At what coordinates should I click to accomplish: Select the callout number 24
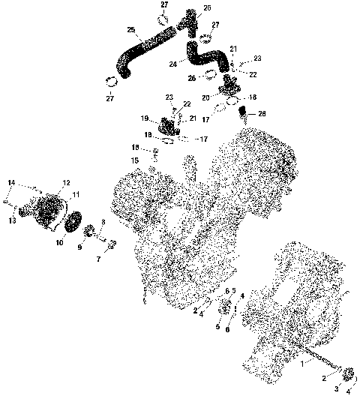point(174,64)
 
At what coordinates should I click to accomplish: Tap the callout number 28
point(261,114)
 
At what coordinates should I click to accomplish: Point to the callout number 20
point(206,97)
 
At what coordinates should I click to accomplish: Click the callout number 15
point(136,160)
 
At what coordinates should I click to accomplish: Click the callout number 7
point(97,259)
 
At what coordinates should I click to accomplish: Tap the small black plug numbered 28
point(243,115)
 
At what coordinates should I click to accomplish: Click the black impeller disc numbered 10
point(73,223)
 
